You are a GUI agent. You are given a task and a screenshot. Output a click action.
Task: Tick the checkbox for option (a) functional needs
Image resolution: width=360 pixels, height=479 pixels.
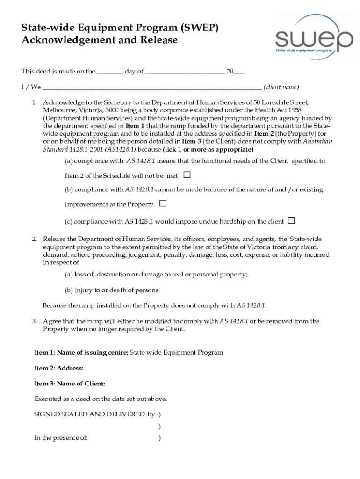pos(187,175)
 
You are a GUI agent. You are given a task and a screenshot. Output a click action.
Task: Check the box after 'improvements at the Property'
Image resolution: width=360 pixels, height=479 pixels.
pos(163,203)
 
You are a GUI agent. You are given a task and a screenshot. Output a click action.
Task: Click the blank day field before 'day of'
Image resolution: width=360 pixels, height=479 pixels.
pos(110,72)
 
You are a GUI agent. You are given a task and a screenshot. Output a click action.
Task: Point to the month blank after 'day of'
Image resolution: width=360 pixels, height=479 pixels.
pos(185,72)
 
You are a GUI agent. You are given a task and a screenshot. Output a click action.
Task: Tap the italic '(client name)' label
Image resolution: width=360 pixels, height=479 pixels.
pos(281,87)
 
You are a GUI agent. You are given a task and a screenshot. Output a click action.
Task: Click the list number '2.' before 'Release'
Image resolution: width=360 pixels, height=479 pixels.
pos(35,239)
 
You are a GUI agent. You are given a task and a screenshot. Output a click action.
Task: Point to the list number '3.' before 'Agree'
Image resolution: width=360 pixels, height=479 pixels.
pos(35,321)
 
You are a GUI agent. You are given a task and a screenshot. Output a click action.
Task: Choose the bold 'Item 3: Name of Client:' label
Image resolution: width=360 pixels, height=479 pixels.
pos(70,384)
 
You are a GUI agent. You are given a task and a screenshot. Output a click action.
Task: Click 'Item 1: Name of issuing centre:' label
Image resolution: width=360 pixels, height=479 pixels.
pos(81,353)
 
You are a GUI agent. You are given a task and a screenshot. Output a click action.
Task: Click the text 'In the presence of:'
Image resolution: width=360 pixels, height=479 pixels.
pos(61,438)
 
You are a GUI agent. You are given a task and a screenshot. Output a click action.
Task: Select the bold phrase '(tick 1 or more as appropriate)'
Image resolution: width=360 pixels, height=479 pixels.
pos(208,150)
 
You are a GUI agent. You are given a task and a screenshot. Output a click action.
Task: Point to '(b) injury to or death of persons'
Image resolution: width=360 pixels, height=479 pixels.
pos(112,290)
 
